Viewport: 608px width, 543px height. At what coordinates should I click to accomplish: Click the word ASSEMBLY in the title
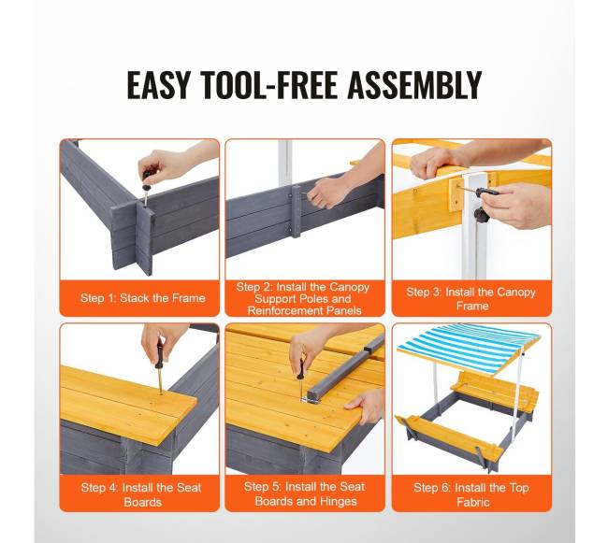pyautogui.click(x=414, y=85)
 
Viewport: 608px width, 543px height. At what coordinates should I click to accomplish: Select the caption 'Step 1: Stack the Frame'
pyautogui.click(x=143, y=298)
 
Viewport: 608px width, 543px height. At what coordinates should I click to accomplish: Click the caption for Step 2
pyautogui.click(x=304, y=299)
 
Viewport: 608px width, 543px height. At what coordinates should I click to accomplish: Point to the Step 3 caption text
pyautogui.click(x=471, y=299)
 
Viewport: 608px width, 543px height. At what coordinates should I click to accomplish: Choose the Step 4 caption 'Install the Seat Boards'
pyautogui.click(x=141, y=494)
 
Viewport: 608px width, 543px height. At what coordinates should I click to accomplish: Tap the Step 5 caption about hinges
pyautogui.click(x=305, y=493)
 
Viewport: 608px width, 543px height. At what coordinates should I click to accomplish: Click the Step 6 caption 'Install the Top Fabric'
pyautogui.click(x=471, y=494)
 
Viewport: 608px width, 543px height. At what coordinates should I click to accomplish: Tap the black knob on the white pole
pyautogui.click(x=481, y=213)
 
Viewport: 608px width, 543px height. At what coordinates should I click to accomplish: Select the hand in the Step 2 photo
pyautogui.click(x=326, y=192)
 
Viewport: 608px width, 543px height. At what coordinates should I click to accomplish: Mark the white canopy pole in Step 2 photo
pyautogui.click(x=284, y=165)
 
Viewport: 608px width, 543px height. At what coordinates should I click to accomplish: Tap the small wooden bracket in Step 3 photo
pyautogui.click(x=456, y=193)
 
